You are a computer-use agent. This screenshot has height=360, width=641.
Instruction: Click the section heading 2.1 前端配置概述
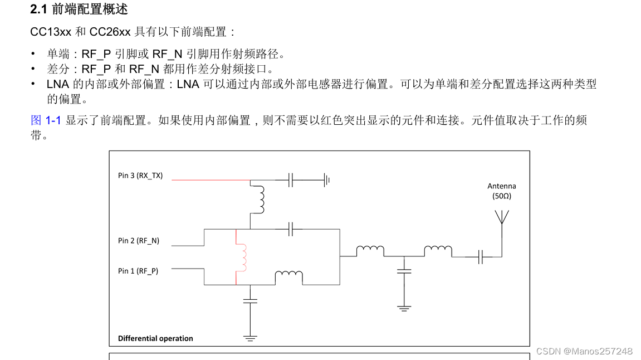click(x=79, y=9)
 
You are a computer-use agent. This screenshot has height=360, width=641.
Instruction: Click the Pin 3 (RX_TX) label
click(x=140, y=176)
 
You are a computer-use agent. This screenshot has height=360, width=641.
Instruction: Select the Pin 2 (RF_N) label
click(x=139, y=241)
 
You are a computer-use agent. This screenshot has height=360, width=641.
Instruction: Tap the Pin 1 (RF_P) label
click(x=138, y=271)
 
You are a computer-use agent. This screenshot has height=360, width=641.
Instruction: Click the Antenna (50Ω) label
click(x=502, y=191)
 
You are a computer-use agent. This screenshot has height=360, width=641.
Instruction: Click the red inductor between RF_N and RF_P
click(x=242, y=257)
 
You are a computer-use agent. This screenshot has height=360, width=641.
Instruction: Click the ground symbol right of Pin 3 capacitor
click(x=327, y=180)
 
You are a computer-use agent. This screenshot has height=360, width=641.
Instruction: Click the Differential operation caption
click(x=155, y=338)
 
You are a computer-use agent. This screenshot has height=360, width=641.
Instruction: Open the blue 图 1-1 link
click(x=45, y=120)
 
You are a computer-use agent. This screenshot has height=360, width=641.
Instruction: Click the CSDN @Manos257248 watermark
click(x=584, y=351)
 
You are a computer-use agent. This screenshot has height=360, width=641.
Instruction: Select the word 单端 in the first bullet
click(x=58, y=54)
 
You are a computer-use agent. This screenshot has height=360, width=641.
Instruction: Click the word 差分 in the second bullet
click(x=58, y=69)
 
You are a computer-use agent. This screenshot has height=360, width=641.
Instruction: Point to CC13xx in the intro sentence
click(x=51, y=32)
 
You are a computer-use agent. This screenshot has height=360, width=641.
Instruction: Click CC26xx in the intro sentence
click(x=110, y=32)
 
